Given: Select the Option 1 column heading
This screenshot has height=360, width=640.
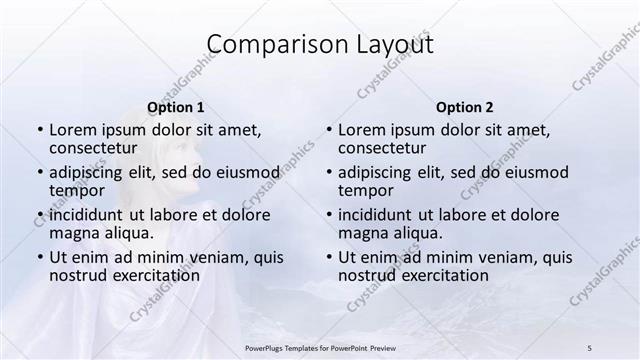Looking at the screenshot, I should click(x=175, y=107).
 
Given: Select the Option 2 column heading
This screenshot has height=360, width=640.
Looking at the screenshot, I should click(x=464, y=107).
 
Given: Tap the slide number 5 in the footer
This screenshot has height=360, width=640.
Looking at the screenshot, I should click(x=589, y=346).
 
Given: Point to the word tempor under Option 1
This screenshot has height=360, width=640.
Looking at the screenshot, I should click(x=77, y=190).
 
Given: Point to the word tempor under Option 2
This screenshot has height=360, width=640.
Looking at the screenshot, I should click(x=366, y=190).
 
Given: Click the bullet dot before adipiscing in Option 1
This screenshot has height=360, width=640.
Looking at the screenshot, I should click(x=39, y=172).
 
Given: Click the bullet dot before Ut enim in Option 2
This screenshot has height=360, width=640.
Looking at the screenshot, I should click(x=328, y=257).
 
